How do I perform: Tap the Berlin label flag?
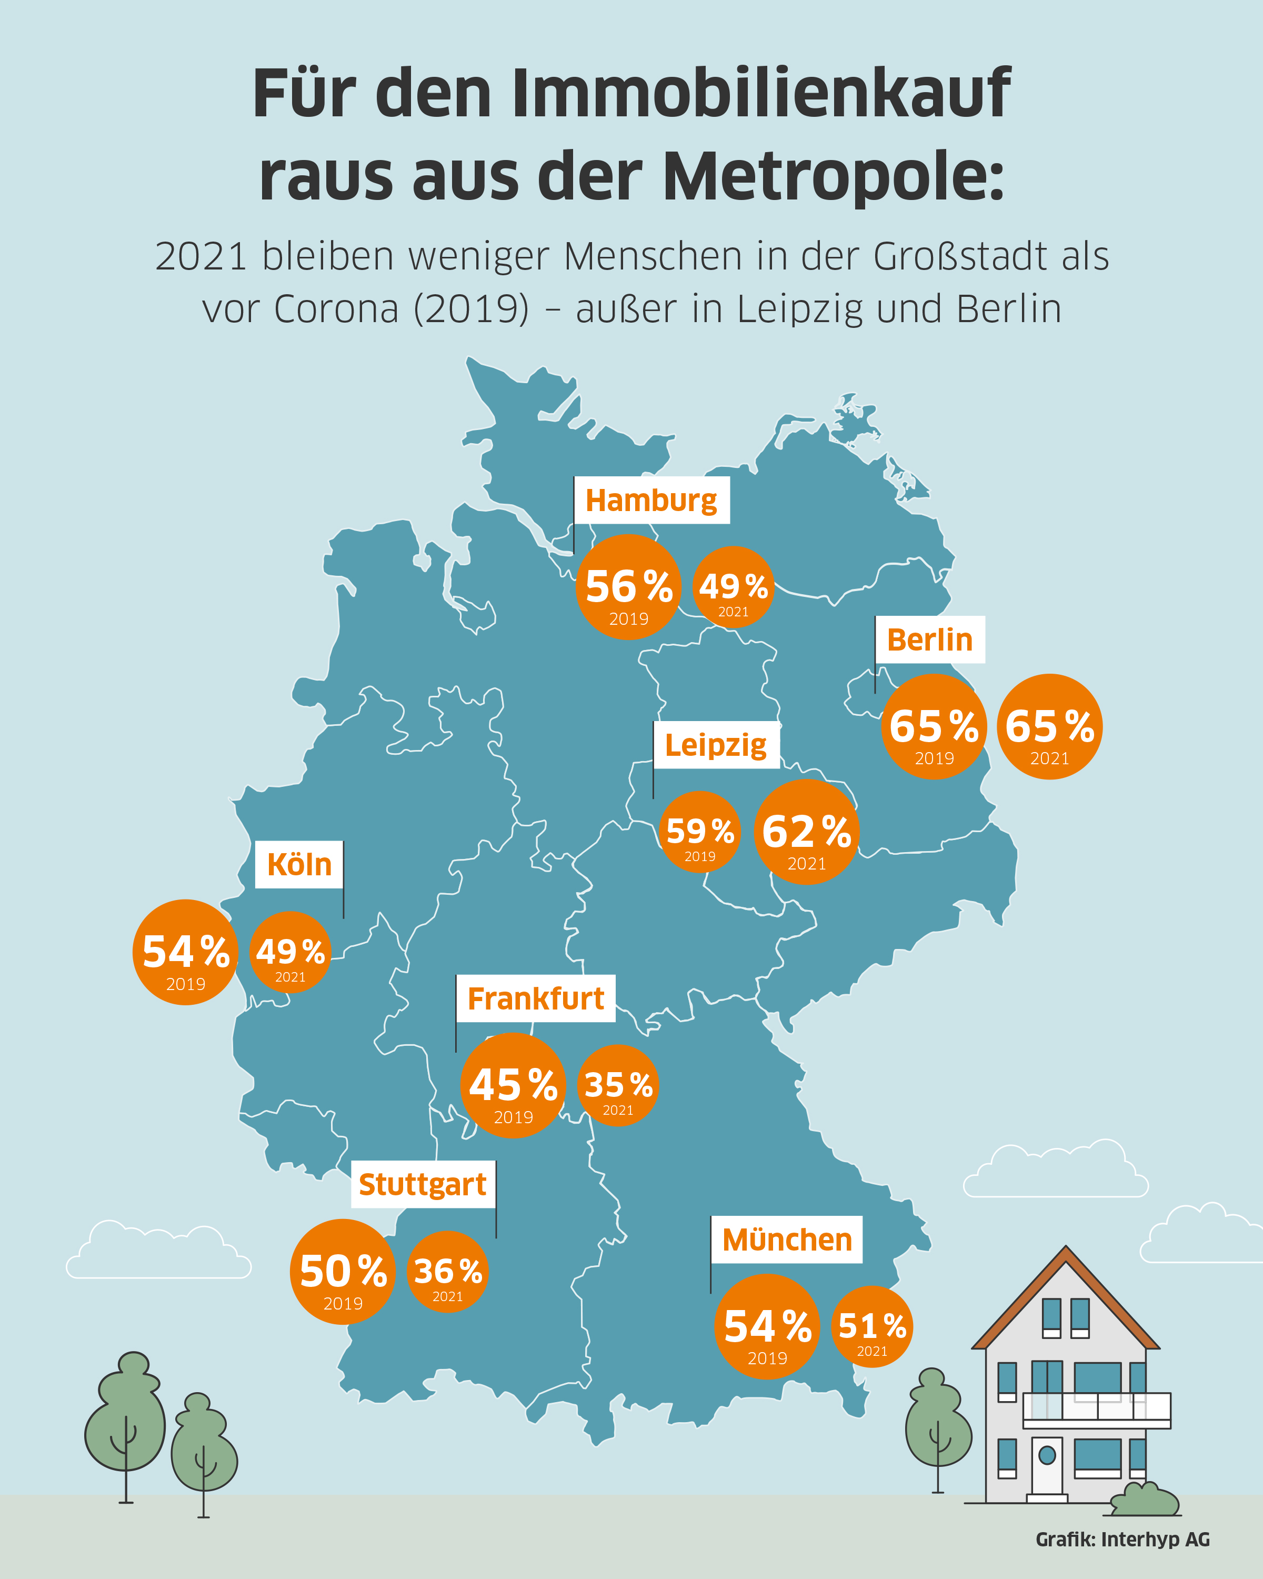tap(930, 640)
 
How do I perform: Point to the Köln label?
tap(299, 865)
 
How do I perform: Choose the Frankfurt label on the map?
tap(535, 999)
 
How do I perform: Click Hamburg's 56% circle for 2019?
tap(629, 587)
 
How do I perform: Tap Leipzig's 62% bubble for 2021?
tap(806, 832)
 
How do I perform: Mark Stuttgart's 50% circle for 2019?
tap(343, 1272)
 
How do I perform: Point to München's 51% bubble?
tap(872, 1327)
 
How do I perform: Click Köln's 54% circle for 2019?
tap(186, 952)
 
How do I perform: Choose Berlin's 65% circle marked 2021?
tap(1049, 726)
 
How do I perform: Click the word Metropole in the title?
tap(833, 176)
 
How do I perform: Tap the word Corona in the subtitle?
tap(337, 309)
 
